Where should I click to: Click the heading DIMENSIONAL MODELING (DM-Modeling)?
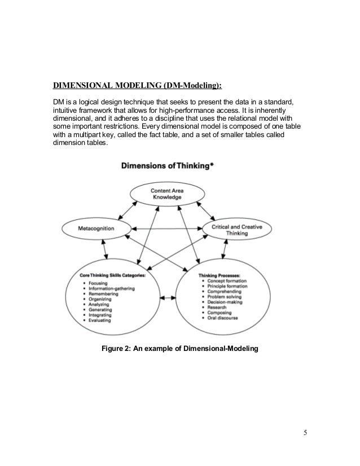coord(138,86)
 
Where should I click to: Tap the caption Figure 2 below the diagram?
coord(179,349)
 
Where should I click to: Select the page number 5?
coord(305,433)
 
